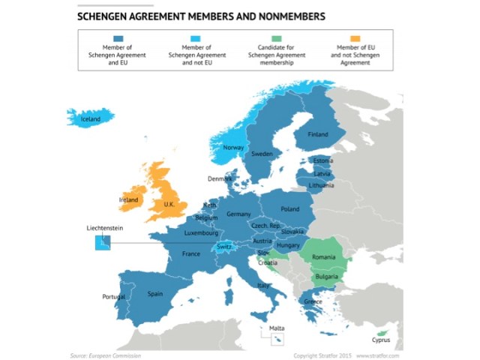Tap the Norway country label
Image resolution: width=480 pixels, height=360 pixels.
(233, 148)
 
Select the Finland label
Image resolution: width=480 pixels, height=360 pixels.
(318, 134)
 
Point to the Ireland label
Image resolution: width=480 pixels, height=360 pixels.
(129, 200)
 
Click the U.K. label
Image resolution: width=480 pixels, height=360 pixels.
(169, 203)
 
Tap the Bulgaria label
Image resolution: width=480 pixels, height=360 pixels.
(325, 277)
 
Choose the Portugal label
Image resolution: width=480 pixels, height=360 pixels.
(115, 297)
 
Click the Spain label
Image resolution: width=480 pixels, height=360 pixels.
(155, 294)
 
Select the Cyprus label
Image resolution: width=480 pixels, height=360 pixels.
(381, 340)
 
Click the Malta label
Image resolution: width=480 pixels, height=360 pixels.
(277, 328)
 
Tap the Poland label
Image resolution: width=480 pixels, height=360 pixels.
(289, 209)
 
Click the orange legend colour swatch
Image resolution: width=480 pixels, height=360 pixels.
(355, 38)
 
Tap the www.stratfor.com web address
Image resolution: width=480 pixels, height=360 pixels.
(379, 355)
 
